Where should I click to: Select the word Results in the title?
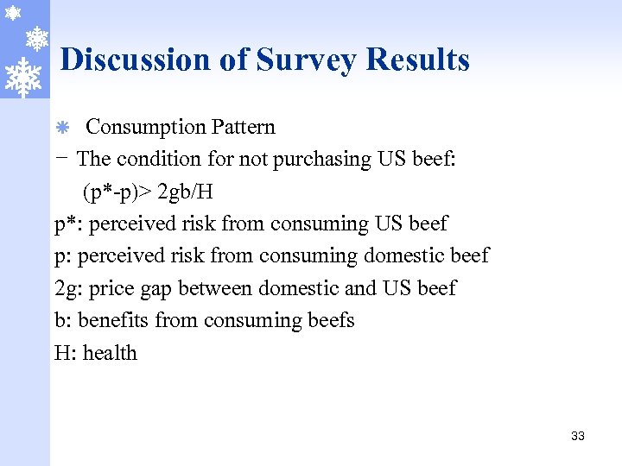[x=418, y=60]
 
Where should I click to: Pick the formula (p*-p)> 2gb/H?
[x=148, y=191]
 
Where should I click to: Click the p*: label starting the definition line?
[x=68, y=224]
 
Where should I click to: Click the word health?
[x=110, y=353]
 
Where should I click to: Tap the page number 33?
[x=578, y=436]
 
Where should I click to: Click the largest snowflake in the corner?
[x=22, y=77]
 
